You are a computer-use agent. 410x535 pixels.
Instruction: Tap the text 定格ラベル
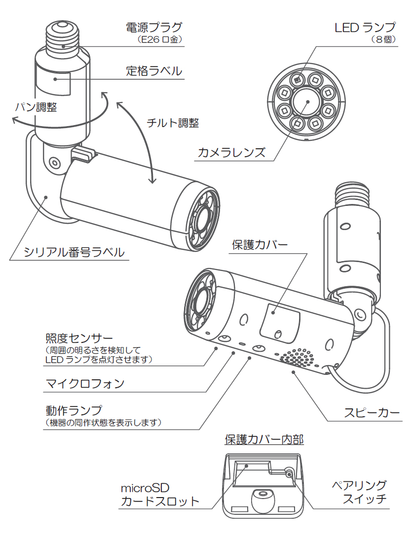coord(153,71)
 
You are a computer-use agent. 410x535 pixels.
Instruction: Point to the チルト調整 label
coord(173,123)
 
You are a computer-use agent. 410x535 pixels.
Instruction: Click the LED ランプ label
coord(365,28)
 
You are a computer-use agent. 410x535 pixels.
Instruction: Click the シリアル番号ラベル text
coord(74,253)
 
